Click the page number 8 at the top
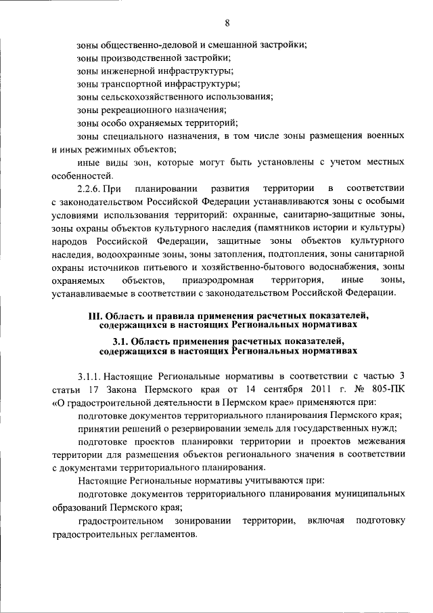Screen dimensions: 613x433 [228, 23]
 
